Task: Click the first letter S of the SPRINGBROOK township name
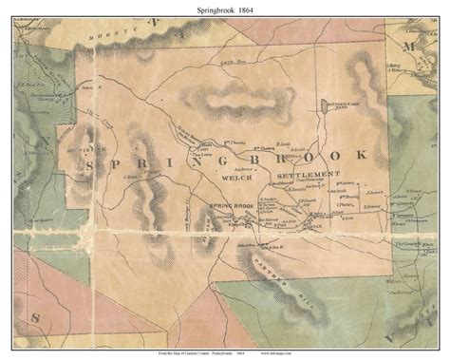[92, 165]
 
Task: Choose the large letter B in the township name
[250, 157]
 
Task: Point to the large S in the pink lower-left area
[23, 317]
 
